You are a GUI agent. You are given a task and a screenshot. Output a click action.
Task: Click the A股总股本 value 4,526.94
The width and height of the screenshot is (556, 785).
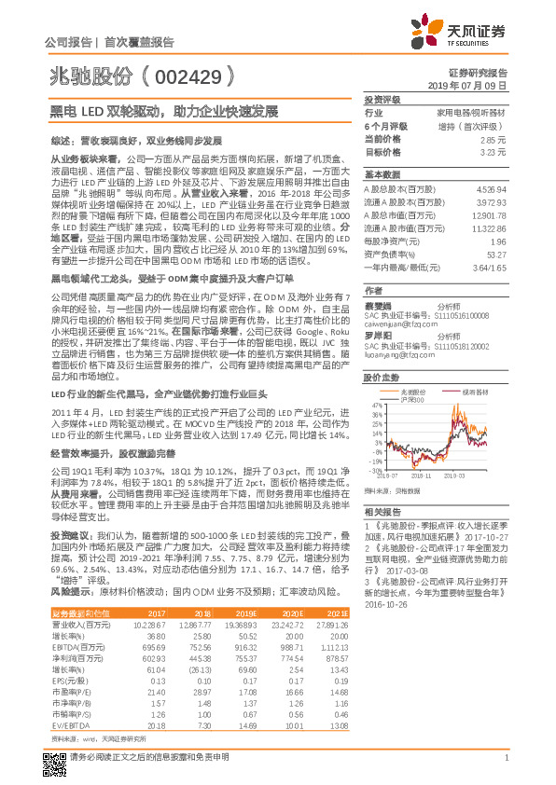coord(490,189)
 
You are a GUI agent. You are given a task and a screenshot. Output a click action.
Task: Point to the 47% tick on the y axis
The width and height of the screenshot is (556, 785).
coord(375,405)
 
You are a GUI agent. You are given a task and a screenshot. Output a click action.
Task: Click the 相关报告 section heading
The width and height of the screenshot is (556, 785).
coord(382,513)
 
